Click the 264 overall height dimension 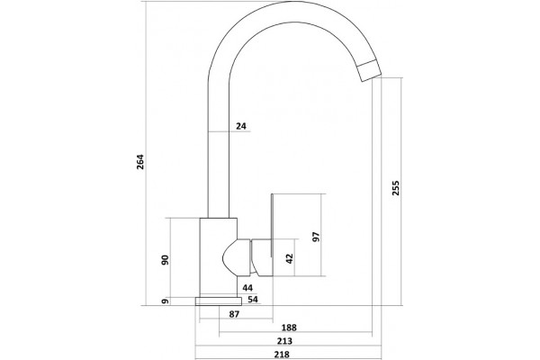[140, 162]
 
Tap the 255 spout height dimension [396, 188]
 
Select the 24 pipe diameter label [241, 126]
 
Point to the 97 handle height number [316, 237]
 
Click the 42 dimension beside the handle [289, 258]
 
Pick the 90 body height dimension [166, 260]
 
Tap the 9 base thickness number [166, 301]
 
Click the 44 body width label [247, 288]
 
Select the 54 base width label [253, 299]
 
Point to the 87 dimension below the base [234, 314]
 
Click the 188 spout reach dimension [289, 328]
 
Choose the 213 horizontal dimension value [284, 341]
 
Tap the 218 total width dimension [282, 354]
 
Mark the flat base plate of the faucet [219, 301]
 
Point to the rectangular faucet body [219, 257]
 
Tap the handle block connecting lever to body [262, 257]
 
